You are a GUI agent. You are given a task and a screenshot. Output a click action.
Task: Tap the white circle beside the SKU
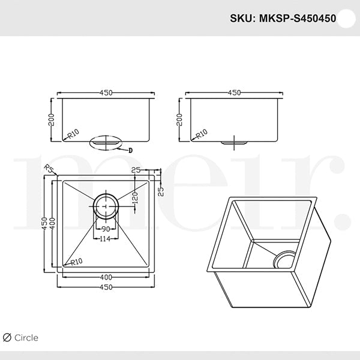346,18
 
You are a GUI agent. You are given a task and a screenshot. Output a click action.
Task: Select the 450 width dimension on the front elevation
106,93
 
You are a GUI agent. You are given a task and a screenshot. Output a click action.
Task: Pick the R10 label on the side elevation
202,133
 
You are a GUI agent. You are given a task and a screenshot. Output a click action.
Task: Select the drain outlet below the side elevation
234,143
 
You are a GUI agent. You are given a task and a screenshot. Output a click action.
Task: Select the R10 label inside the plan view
76,262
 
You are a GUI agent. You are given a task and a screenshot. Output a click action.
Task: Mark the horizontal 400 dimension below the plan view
106,277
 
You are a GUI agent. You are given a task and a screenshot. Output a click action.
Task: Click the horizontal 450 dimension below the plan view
106,287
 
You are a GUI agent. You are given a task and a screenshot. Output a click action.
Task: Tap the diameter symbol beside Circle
7,338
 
